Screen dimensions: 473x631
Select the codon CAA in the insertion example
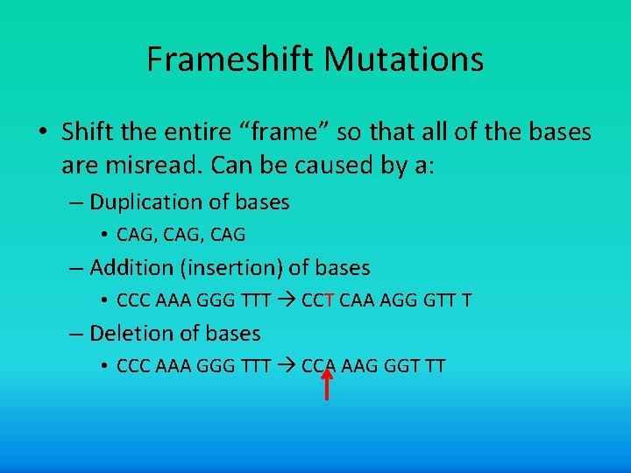coord(356,300)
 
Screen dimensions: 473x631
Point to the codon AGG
coord(397,300)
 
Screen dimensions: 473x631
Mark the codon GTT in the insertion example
coord(437,300)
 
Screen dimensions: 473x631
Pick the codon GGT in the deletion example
coord(400,366)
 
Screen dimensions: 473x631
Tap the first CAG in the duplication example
coord(133,235)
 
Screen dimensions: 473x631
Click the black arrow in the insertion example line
coord(286,300)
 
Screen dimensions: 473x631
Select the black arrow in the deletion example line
coord(286,366)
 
